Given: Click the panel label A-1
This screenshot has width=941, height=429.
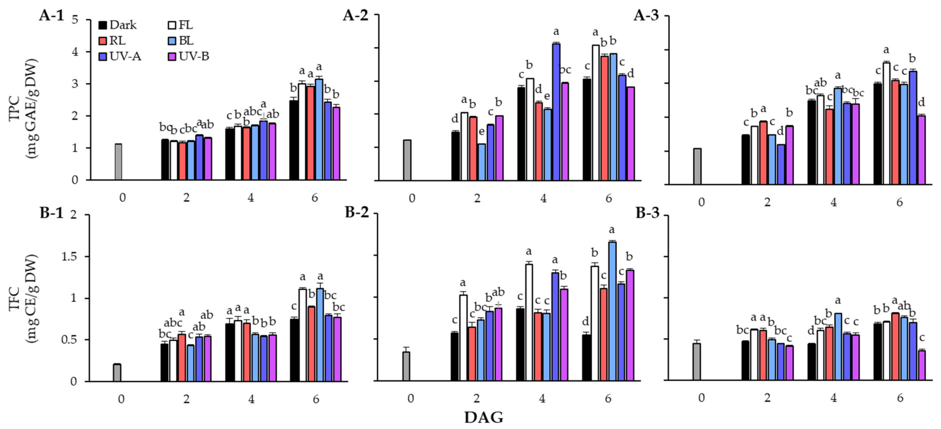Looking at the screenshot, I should (x=51, y=17).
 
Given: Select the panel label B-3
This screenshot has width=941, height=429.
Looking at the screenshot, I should (x=648, y=213).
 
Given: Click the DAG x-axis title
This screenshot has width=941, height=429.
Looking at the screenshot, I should (x=483, y=417).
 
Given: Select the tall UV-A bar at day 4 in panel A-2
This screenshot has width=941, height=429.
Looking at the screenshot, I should (x=556, y=112).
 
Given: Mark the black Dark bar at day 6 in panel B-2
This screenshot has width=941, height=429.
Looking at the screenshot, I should (x=586, y=357).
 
